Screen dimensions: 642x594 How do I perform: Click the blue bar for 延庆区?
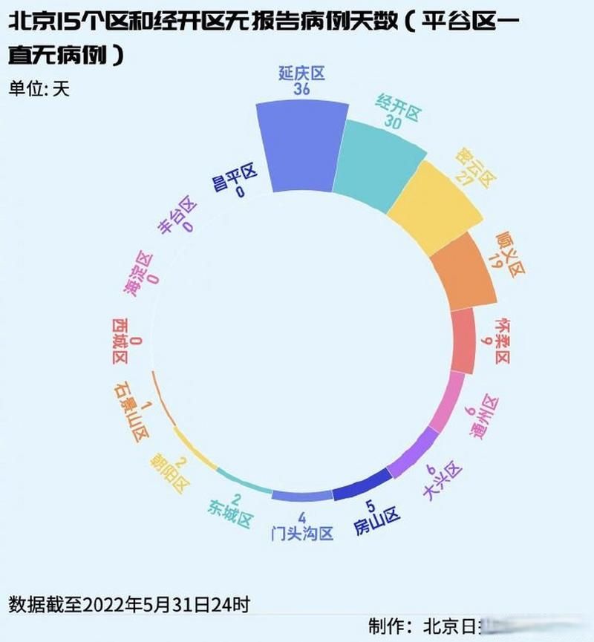click(301, 148)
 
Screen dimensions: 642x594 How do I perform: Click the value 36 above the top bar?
click(301, 89)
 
